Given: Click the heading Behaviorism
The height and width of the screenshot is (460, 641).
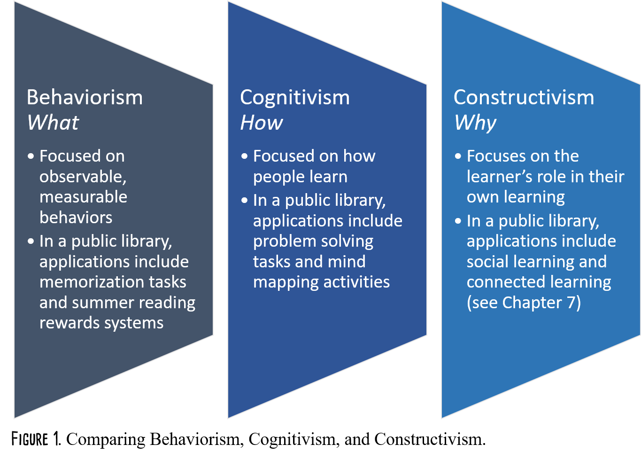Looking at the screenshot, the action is coord(85,97).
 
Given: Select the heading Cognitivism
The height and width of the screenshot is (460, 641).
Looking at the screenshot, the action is coord(295,97).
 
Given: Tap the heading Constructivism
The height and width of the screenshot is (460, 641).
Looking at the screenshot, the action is coord(524,97).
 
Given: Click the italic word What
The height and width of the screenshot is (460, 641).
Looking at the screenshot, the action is coord(53,123).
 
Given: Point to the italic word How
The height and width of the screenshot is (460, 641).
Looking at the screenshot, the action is coord(262,123).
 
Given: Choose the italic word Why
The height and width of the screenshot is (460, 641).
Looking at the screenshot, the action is coord(475,123).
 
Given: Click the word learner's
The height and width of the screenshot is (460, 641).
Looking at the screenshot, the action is coord(499,177).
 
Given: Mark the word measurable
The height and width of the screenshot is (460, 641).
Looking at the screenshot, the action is coord(83,197).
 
